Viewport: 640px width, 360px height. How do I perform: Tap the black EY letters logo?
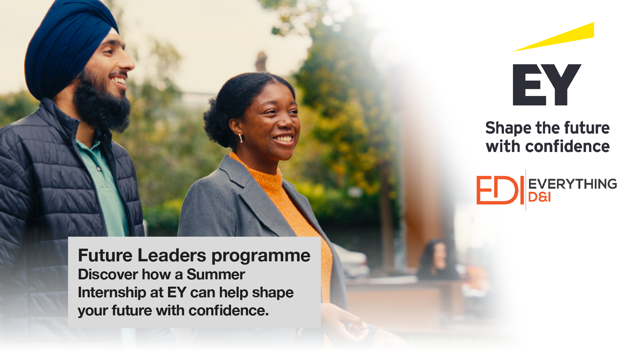547,85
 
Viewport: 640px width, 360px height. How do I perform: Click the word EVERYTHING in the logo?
573,184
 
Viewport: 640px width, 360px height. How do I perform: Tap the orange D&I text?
539,197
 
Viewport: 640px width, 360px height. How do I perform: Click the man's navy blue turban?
68,47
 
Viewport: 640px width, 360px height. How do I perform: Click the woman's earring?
240,138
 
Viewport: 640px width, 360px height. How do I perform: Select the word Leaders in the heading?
172,255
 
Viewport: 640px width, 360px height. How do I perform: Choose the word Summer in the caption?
216,275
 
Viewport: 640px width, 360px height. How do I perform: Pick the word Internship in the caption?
112,293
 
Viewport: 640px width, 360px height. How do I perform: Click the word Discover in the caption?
108,275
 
